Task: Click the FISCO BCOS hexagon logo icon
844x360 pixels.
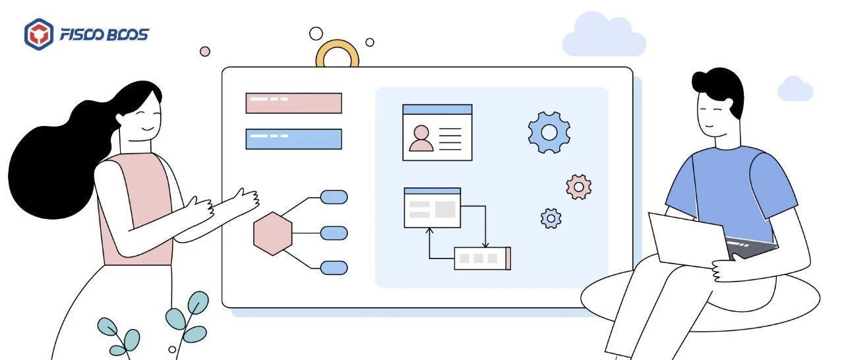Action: coord(39,34)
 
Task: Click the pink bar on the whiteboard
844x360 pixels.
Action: coord(293,103)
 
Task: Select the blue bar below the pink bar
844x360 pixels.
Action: coord(293,139)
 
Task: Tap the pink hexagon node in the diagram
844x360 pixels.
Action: coord(273,233)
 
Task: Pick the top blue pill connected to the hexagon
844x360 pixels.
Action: coord(334,196)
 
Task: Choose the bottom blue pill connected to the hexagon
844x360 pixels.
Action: coord(334,267)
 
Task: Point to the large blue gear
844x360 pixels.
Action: coord(549,133)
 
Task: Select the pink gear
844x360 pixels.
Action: coord(578,187)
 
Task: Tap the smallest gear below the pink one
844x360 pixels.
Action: coord(551,218)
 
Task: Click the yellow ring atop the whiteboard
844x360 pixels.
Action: coord(337,55)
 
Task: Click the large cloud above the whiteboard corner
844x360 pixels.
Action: coord(603,36)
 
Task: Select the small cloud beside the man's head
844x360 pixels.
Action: coord(795,90)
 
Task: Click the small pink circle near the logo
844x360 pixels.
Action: coord(205,51)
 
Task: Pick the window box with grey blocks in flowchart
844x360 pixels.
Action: coord(432,208)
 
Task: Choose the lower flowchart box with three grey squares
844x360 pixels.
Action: coord(482,258)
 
